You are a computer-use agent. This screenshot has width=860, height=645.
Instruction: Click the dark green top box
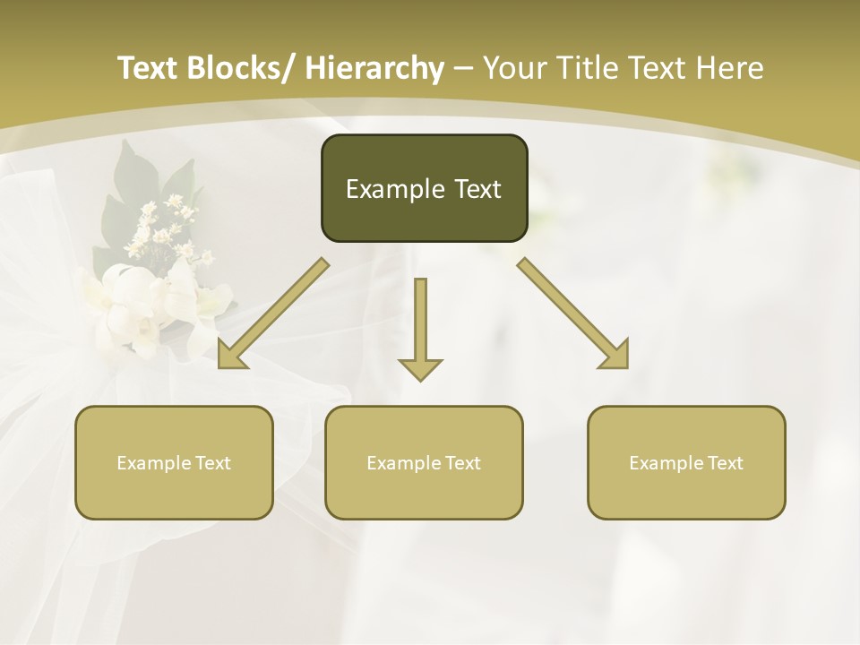(424, 188)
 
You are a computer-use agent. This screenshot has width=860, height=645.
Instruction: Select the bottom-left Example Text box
(174, 462)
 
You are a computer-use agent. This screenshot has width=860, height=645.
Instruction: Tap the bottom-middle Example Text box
(424, 462)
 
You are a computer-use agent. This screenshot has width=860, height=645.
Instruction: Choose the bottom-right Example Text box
(686, 462)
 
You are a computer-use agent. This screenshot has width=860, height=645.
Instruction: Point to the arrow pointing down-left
(273, 314)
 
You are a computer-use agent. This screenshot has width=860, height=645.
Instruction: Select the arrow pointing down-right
(573, 314)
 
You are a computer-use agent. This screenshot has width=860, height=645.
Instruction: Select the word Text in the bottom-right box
(725, 463)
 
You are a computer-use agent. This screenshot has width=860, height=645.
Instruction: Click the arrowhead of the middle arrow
(420, 368)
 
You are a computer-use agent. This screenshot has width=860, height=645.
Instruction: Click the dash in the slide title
(463, 68)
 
